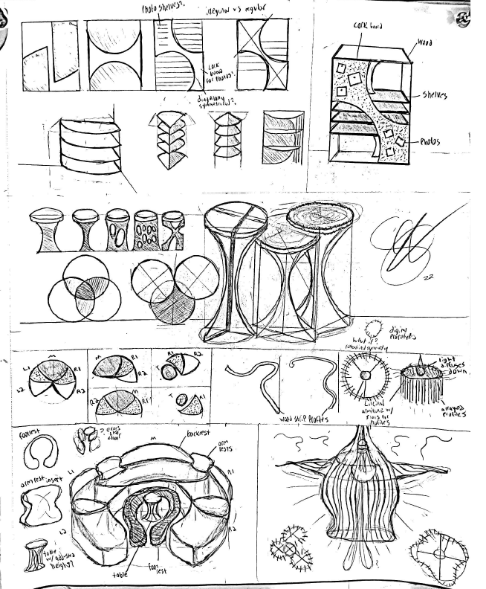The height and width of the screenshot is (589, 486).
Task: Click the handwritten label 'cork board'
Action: coord(369,26)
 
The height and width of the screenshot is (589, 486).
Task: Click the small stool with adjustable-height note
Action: coord(35,554)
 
